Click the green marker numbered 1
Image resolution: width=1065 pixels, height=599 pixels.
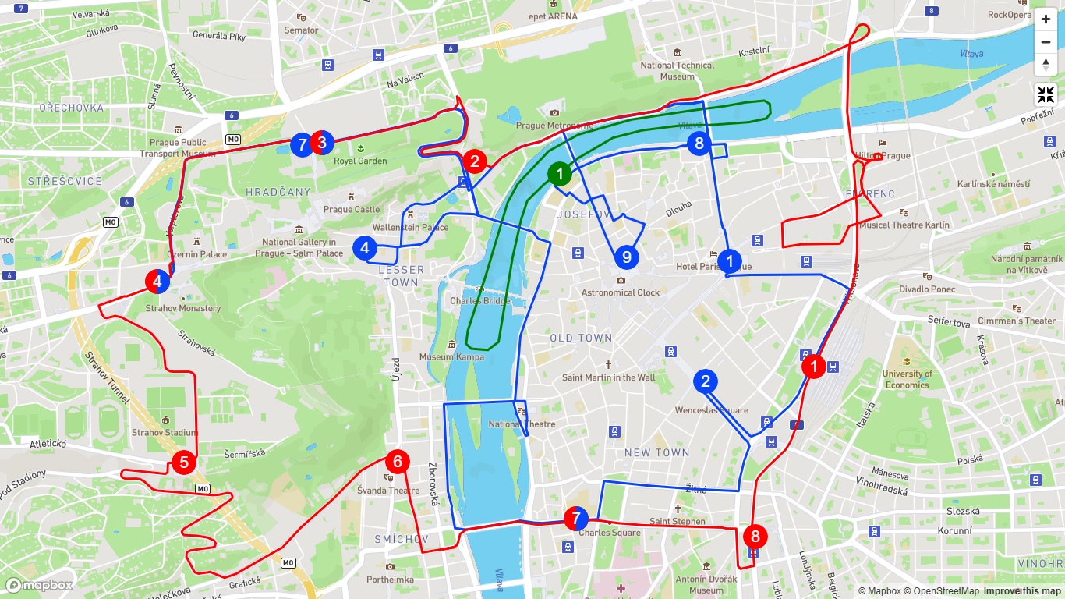coord(559,174)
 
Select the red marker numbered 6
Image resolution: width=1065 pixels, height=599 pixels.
coord(398,462)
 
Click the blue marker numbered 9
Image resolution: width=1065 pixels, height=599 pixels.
coord(625,257)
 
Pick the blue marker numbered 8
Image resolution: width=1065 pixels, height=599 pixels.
coord(699,143)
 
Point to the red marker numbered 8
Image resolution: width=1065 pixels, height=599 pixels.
coord(755,537)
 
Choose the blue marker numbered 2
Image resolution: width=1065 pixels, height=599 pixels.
coord(706,381)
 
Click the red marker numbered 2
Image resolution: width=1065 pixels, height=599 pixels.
coord(474,161)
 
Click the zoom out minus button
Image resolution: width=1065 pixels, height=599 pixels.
coord(1046,42)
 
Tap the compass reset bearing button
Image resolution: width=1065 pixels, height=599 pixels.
coord(1046,64)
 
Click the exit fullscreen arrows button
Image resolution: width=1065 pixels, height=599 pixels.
coord(1046,95)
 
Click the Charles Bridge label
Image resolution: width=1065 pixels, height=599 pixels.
coord(479,300)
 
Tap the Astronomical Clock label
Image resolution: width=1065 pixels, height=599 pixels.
coord(620,292)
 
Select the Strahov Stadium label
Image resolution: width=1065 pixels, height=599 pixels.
coord(165,432)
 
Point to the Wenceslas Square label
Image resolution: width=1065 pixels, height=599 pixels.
coord(711,410)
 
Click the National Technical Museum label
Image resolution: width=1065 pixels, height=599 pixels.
coord(677,70)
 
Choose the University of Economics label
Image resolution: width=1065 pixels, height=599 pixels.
coord(907,379)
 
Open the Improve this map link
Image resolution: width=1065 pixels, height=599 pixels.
coord(1022,591)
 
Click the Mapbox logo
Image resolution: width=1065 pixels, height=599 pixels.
coord(39,585)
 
